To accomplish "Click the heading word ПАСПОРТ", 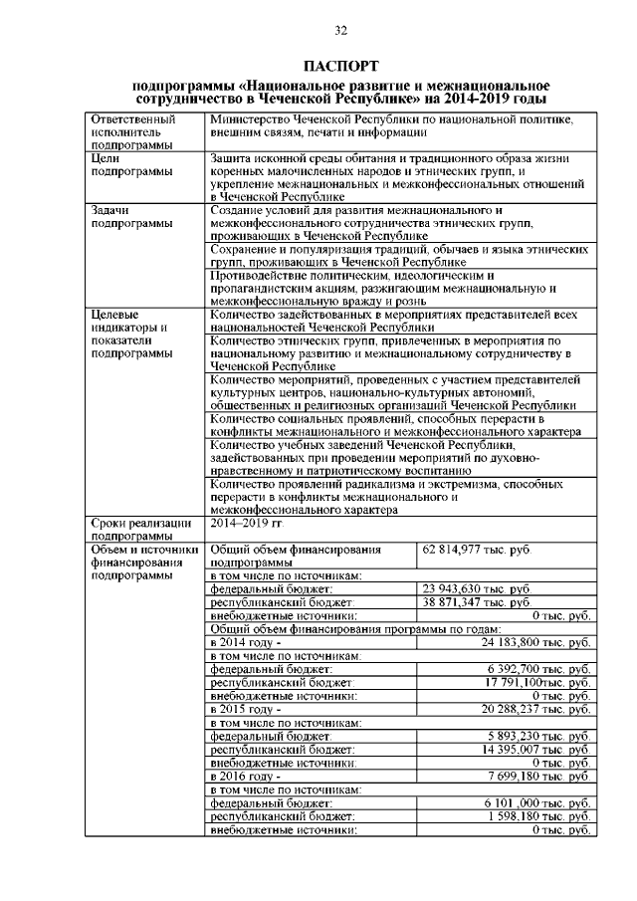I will pos(340,67).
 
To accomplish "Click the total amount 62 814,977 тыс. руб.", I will pos(477,550).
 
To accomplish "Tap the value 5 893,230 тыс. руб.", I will pos(538,736).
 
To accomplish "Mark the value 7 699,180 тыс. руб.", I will pos(538,776).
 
